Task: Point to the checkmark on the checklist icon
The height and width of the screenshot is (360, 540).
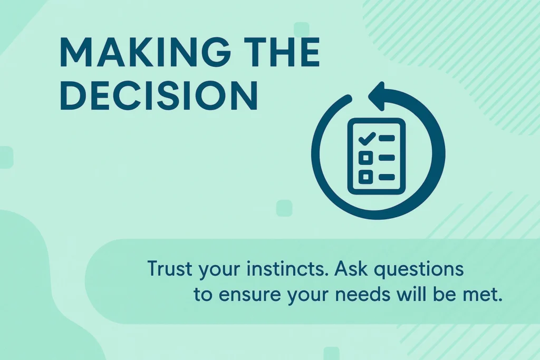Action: click(367, 138)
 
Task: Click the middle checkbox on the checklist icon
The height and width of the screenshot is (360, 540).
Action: click(366, 158)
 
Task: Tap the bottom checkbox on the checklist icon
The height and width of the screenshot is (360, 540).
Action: click(366, 177)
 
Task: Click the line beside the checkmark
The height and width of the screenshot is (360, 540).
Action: click(387, 138)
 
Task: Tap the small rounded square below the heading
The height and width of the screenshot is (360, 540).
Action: click(284, 208)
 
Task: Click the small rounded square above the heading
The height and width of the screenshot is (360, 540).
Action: click(301, 30)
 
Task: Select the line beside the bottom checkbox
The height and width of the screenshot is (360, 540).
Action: click(387, 177)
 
